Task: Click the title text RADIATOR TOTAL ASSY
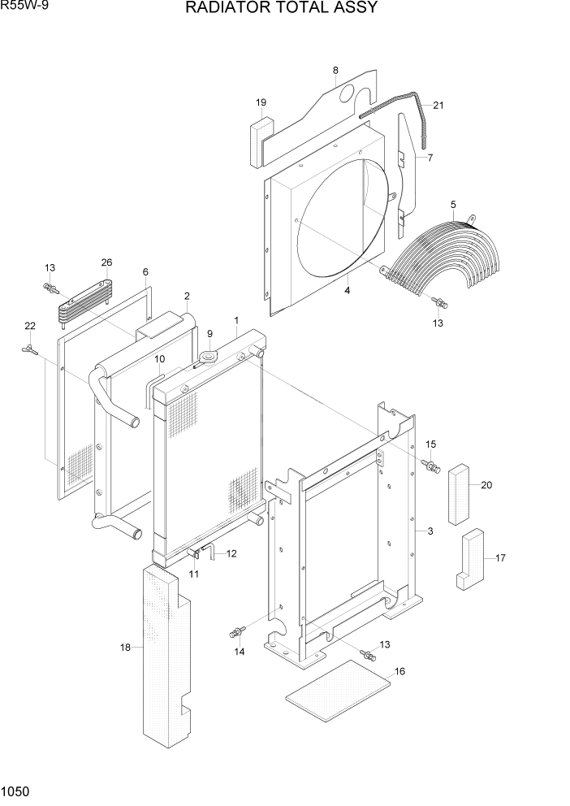(281, 9)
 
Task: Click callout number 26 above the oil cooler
(106, 262)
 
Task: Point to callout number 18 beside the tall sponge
(125, 647)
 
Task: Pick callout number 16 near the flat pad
(399, 671)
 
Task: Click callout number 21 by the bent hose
(438, 105)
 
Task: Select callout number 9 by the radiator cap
(209, 333)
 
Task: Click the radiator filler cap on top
(210, 356)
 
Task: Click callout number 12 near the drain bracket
(231, 554)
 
